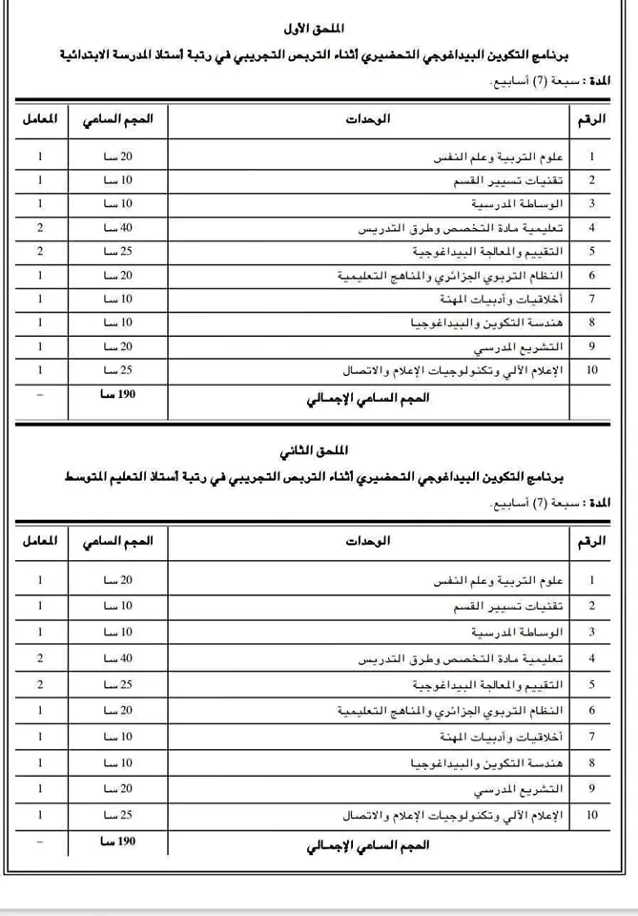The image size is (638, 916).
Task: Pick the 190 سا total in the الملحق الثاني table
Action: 116,843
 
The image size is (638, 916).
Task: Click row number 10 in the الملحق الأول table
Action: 592,370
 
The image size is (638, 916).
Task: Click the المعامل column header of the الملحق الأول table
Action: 40,119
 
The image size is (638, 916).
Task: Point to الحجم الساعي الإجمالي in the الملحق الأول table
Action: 366,395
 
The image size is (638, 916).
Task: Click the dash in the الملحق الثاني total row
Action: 40,843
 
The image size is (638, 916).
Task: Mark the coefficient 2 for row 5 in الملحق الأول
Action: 40,252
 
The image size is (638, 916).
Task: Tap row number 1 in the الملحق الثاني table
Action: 592,579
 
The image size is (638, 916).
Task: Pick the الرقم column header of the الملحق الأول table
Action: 591,119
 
